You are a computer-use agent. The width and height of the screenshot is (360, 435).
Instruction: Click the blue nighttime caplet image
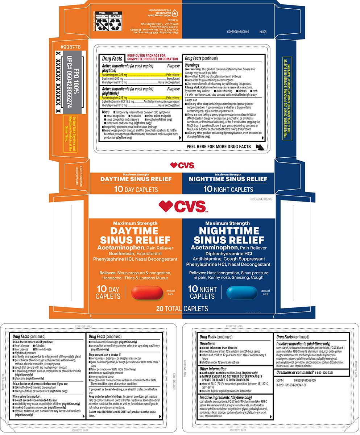click(242, 292)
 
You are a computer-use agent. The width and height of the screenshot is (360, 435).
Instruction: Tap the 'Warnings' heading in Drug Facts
click(192, 65)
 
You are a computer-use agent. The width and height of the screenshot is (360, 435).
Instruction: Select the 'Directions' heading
click(208, 343)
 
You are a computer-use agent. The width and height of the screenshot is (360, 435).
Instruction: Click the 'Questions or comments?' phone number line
click(305, 372)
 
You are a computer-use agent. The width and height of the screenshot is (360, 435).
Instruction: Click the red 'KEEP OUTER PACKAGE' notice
click(152, 57)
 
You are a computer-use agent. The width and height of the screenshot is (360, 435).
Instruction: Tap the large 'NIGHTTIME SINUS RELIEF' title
click(228, 235)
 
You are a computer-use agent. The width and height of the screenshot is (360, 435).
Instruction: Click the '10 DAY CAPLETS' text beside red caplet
click(108, 293)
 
